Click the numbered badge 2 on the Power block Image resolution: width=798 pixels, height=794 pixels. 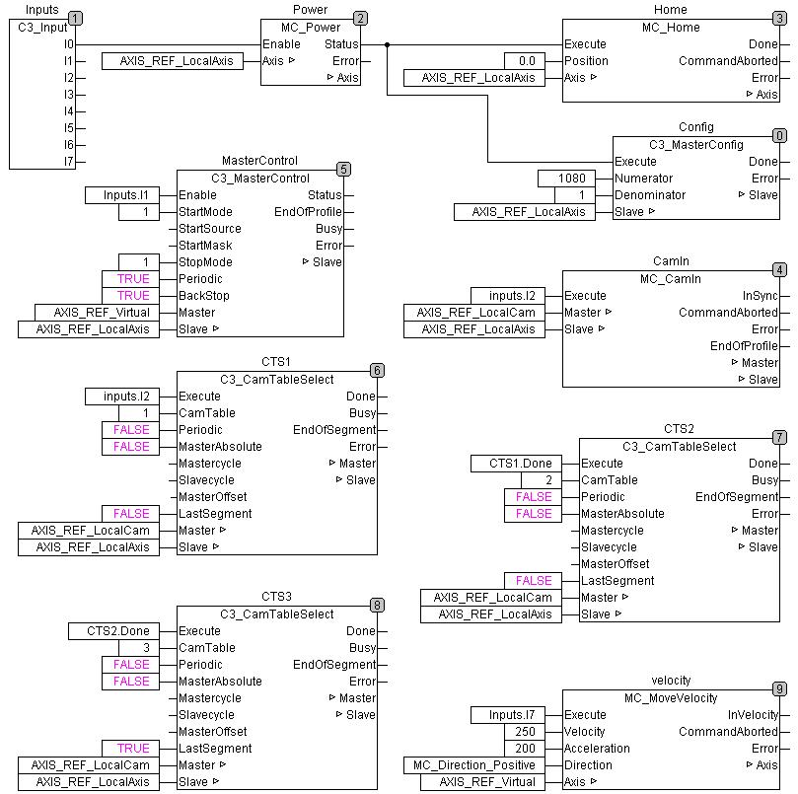point(360,18)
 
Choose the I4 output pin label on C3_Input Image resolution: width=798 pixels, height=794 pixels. point(68,111)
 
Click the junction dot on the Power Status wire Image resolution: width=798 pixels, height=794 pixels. point(387,44)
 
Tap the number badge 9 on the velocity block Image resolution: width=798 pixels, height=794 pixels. point(779,688)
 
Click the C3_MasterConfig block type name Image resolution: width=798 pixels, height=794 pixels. point(695,145)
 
